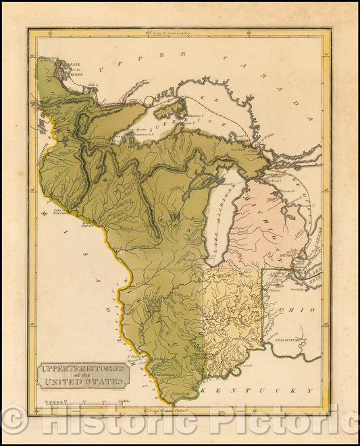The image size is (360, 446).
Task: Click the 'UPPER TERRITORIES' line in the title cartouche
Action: [83, 369]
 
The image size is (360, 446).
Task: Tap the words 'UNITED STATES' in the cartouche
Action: [84, 383]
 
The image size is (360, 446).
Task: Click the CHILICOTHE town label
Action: [283, 340]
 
